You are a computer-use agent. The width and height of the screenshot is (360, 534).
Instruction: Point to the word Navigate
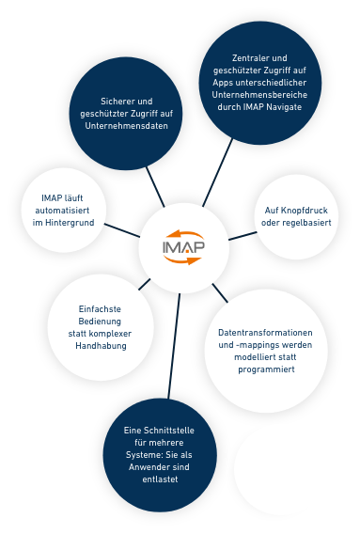tap(282, 107)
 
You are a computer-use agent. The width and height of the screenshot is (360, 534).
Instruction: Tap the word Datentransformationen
tap(265, 333)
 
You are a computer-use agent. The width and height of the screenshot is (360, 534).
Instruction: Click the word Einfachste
tap(100, 309)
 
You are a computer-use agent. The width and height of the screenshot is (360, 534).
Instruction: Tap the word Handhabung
tap(101, 346)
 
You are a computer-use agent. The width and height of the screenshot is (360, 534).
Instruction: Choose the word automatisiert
tap(62, 211)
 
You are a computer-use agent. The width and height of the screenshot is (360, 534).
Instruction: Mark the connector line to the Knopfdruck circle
tap(243, 234)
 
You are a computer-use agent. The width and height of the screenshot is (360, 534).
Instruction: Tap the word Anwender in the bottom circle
tap(145, 467)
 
